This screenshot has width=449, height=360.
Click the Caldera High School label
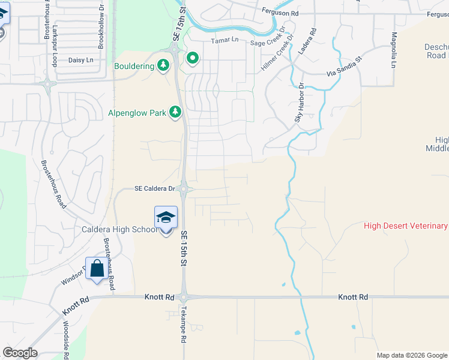[120, 229]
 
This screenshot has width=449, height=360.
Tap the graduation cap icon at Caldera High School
[166, 217]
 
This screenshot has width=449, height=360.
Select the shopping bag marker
[97, 268]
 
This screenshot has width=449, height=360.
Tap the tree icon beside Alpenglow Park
[175, 112]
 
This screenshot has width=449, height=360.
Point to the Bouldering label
[134, 66]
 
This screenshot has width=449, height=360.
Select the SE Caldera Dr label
[155, 189]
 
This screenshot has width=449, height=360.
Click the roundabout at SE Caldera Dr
[185, 190]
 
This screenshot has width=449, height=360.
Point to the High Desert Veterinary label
[406, 226]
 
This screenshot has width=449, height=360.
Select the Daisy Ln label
[81, 60]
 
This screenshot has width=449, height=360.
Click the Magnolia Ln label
[394, 50]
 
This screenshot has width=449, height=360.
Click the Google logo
[20, 353]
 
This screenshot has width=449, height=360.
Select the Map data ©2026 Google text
[412, 355]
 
